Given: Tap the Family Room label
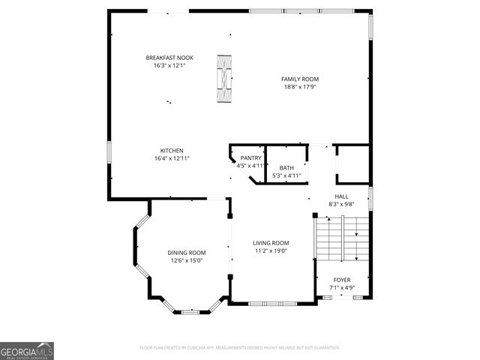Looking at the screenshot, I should coord(300,79).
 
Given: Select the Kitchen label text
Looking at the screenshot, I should coord(172,150).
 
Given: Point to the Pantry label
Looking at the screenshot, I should coord(250,157).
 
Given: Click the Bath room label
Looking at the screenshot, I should coord(286,168).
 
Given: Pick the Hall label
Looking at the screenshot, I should coord(341,196).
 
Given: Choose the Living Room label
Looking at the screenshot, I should coord(271,243).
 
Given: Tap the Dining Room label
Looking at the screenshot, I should coord(186,253).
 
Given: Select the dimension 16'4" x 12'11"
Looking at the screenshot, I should coord(172,158).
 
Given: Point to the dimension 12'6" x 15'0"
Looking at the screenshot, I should coord(186,261).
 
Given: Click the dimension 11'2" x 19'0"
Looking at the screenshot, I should coord(271,251).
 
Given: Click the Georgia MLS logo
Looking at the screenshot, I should coord(27,350).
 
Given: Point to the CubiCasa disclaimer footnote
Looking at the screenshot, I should coord(240,348).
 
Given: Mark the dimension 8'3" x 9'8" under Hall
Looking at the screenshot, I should coord(341,204).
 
